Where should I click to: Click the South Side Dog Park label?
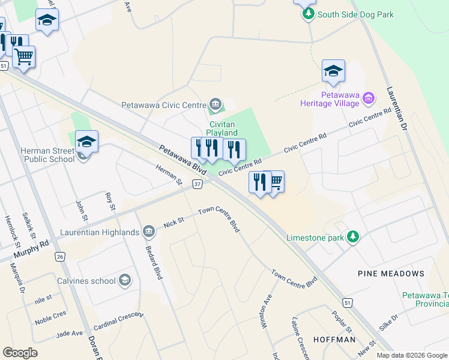point(356,14)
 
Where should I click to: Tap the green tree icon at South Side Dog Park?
point(309,14)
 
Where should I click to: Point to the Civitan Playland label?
point(222,128)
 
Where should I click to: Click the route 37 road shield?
point(197,184)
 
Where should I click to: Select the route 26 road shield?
point(59,256)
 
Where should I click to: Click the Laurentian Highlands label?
point(100,232)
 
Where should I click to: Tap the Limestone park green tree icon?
point(354,237)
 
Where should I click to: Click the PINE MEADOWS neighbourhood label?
point(391,274)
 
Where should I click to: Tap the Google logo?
point(20,352)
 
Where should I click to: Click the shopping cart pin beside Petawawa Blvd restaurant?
point(276,182)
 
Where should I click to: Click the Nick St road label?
point(173,223)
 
